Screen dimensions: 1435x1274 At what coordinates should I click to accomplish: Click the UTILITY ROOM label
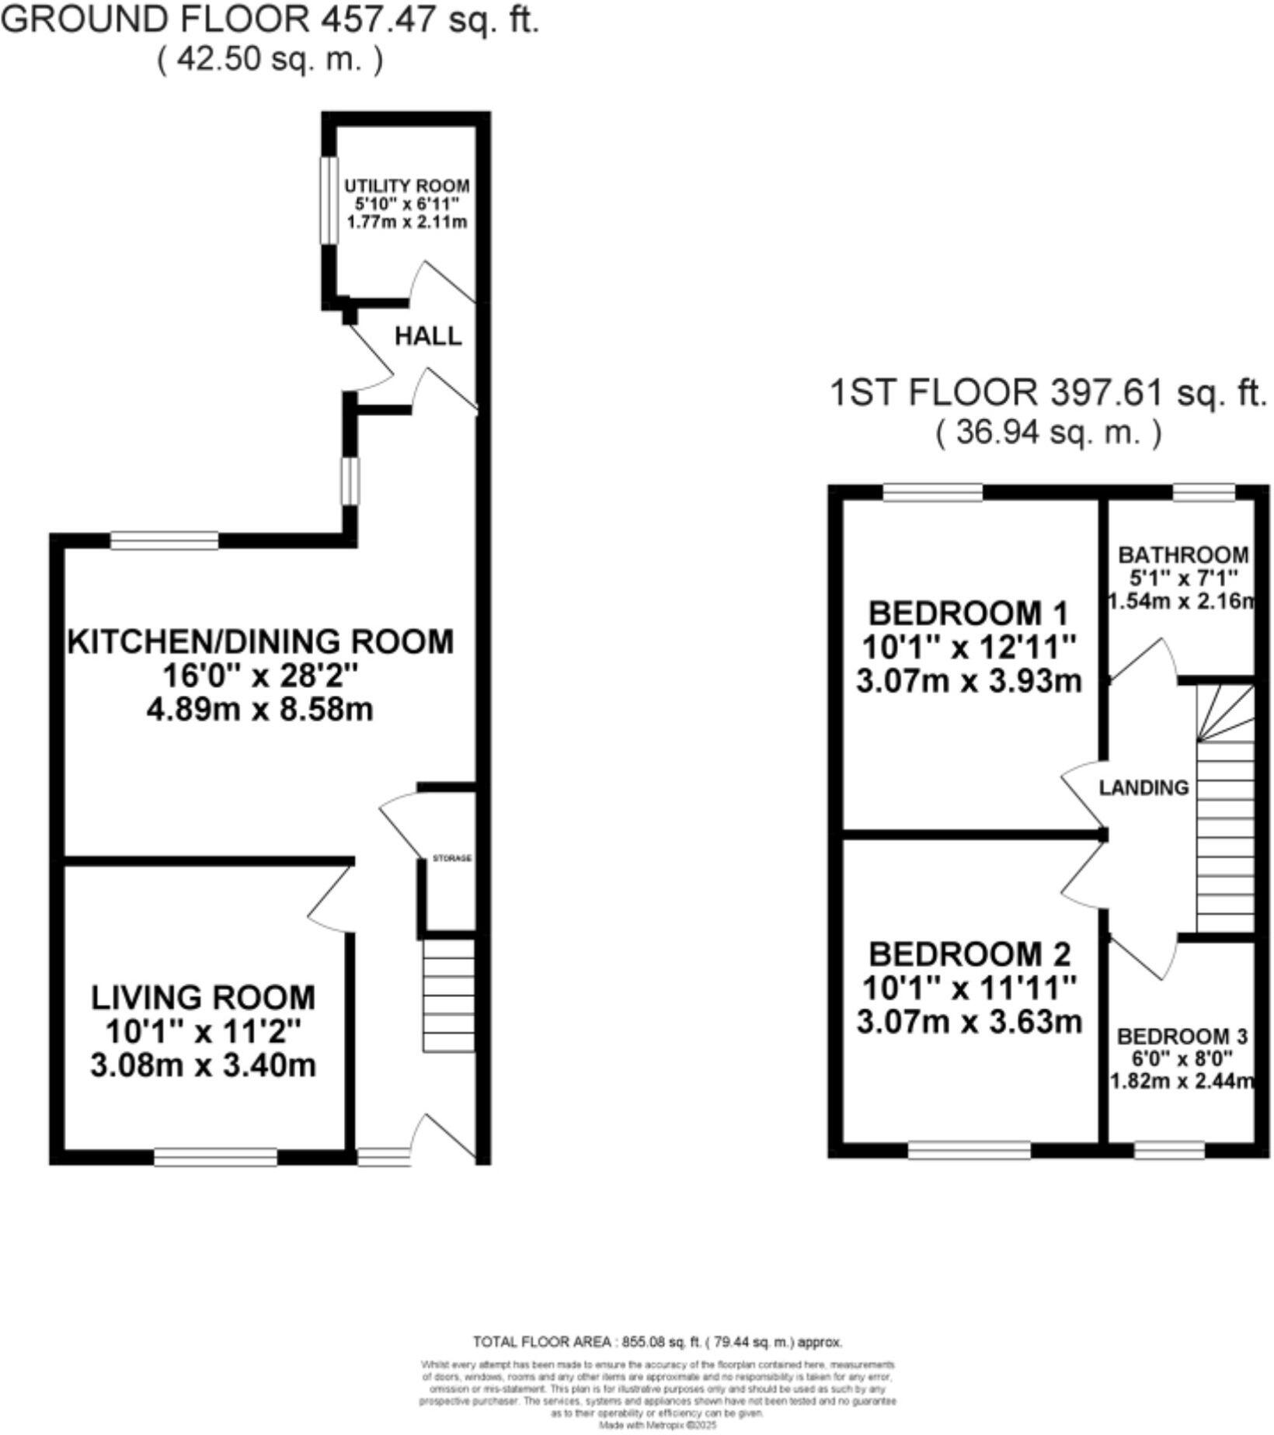point(407,186)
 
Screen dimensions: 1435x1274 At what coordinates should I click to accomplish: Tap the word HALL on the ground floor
point(428,336)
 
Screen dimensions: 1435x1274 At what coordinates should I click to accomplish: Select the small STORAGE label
point(452,858)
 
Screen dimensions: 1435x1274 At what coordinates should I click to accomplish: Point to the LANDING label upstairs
point(1143,787)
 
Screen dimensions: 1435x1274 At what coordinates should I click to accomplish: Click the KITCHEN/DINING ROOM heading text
point(261,642)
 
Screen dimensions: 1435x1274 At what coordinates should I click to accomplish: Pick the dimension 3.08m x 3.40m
point(204,1064)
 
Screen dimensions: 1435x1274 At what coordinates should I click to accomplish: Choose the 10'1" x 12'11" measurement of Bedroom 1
point(969,647)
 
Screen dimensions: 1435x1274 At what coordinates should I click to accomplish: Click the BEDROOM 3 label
point(1182,1037)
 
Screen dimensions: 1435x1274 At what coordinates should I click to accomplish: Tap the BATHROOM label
point(1182,555)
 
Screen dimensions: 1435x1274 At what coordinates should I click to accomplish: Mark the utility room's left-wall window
point(330,201)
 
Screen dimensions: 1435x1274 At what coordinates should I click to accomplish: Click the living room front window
point(215,1157)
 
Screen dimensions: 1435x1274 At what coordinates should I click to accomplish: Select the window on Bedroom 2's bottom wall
point(969,1149)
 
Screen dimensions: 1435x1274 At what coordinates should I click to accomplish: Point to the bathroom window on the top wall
point(1203,492)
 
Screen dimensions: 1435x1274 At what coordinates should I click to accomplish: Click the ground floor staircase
point(448,995)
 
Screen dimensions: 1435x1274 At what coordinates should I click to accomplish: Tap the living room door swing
point(330,897)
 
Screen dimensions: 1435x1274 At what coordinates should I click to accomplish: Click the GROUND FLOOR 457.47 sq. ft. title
point(270,19)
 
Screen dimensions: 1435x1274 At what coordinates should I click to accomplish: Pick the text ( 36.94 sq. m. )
point(1049,432)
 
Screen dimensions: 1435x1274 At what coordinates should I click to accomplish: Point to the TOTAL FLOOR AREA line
point(657,1342)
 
